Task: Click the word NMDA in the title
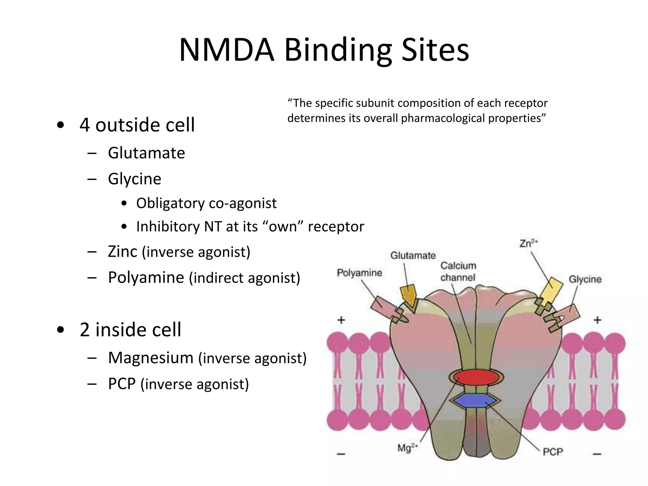point(226,50)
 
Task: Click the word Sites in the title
point(435,50)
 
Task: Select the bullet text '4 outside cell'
point(137,125)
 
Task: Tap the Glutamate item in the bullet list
point(146,153)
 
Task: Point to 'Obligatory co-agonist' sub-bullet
point(206,203)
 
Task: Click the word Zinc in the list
point(122,252)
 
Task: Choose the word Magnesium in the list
point(151,358)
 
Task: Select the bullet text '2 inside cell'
point(130,330)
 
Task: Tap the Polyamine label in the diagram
point(359,273)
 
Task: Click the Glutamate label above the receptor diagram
point(413,255)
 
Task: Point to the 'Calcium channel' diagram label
point(458,271)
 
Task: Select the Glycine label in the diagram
point(585,279)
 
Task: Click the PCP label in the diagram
point(553,452)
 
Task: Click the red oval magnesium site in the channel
point(476,377)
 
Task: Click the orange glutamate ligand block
point(409,295)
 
